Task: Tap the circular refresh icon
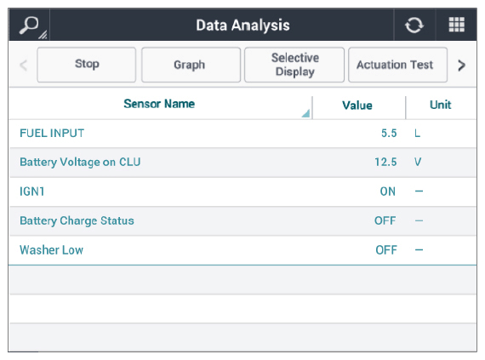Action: (414, 25)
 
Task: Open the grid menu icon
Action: (457, 25)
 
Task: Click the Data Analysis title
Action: (242, 26)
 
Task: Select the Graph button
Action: (191, 65)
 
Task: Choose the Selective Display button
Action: (294, 65)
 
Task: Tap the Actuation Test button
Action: (397, 65)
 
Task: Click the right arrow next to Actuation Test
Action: (461, 65)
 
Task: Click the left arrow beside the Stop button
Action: (24, 65)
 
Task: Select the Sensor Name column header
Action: (159, 104)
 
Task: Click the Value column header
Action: (357, 106)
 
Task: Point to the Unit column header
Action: (441, 105)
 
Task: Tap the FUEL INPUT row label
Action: (52, 134)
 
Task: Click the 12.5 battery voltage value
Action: (385, 162)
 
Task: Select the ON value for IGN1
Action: (387, 191)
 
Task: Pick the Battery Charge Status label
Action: (77, 220)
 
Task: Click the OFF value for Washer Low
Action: (386, 250)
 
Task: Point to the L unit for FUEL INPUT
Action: (418, 134)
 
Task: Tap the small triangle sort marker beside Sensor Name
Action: (306, 113)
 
